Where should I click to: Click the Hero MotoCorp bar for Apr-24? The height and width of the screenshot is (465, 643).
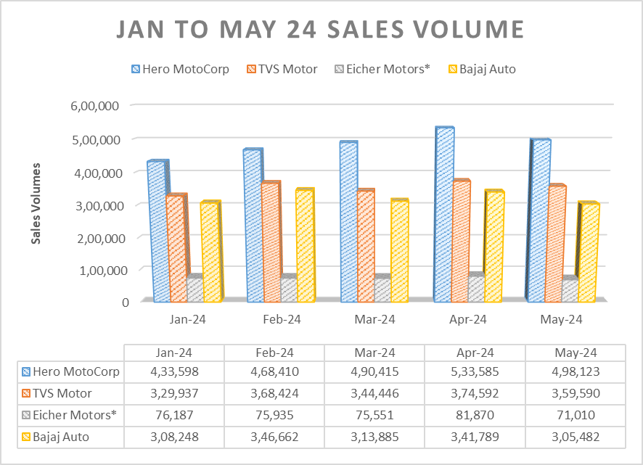pyautogui.click(x=443, y=214)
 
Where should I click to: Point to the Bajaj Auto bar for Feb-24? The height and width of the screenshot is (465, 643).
pyautogui.click(x=304, y=246)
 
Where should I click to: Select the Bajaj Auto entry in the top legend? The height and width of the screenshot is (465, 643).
pyautogui.click(x=483, y=69)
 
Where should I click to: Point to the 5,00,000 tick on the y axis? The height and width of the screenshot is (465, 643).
pyautogui.click(x=99, y=139)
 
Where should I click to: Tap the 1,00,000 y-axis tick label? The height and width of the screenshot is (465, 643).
pyautogui.click(x=99, y=269)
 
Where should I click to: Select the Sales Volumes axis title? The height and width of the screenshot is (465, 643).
pyautogui.click(x=36, y=203)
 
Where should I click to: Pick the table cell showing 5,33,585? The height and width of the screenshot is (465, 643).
pyautogui.click(x=474, y=372)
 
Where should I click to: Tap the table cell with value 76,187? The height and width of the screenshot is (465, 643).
pyautogui.click(x=173, y=416)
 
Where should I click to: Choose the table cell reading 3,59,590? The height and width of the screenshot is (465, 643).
pyautogui.click(x=574, y=394)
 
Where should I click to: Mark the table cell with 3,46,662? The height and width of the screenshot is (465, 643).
pyautogui.click(x=274, y=437)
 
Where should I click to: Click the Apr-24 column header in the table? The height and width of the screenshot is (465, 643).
pyautogui.click(x=474, y=352)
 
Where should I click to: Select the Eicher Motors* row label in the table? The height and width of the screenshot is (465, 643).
pyautogui.click(x=73, y=416)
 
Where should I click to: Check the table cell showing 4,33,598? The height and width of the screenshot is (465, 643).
pyautogui.click(x=173, y=372)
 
